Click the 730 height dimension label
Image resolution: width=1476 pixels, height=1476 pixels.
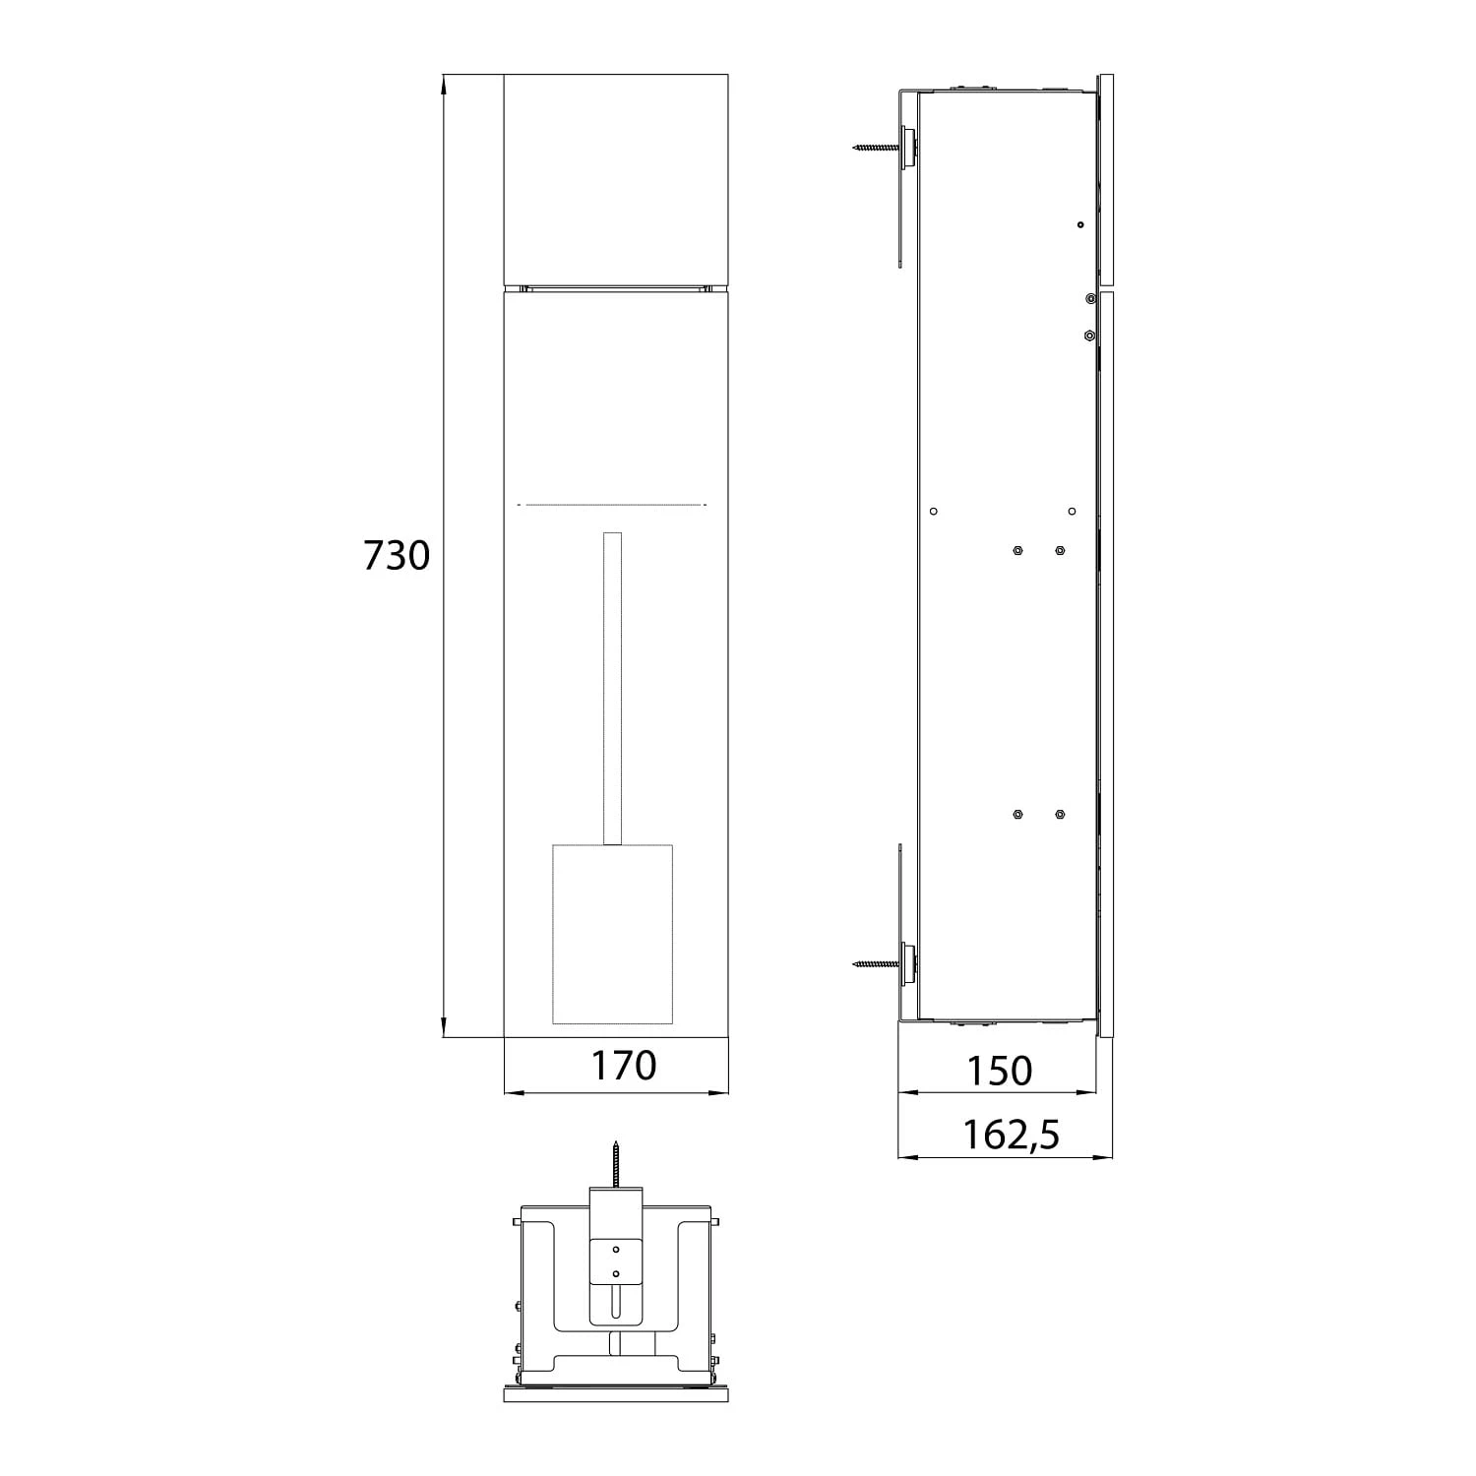(x=397, y=556)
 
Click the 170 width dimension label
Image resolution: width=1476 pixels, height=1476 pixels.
(x=623, y=1065)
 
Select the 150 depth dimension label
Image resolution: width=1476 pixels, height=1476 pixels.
(x=999, y=1071)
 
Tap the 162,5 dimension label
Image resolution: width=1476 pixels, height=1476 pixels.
(x=1011, y=1135)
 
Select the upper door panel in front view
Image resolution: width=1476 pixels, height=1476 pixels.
(x=616, y=178)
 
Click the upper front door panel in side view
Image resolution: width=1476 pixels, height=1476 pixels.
(x=1106, y=178)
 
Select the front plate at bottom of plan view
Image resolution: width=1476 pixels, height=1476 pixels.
(x=615, y=1394)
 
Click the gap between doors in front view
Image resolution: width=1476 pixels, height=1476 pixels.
(x=616, y=287)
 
